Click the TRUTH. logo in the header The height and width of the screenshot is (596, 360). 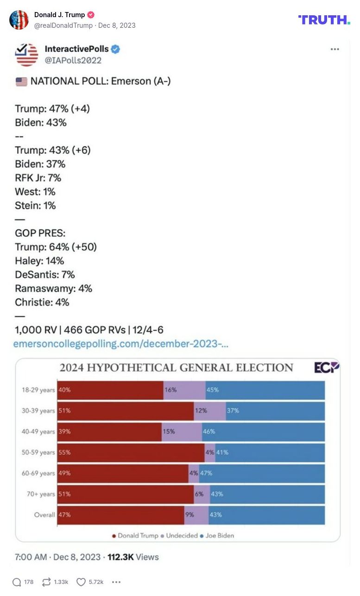(x=324, y=19)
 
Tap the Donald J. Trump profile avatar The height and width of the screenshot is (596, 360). (x=19, y=20)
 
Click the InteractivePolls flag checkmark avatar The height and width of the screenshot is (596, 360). (x=27, y=55)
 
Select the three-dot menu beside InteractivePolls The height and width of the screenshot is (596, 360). (x=335, y=50)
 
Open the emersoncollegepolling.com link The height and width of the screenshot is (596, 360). (x=121, y=344)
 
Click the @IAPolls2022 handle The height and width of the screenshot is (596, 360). (x=73, y=60)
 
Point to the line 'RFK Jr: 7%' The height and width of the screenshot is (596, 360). (x=38, y=178)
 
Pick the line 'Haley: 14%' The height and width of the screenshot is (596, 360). (x=39, y=261)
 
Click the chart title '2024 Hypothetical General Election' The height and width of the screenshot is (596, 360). (x=176, y=368)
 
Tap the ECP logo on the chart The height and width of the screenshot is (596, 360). (x=327, y=367)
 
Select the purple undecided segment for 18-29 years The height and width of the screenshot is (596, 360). (x=184, y=390)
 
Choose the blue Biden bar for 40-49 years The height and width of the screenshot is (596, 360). (x=263, y=432)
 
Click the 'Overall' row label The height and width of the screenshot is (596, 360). (x=44, y=515)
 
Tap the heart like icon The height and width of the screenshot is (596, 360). (x=81, y=582)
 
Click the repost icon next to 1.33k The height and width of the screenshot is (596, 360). (x=46, y=582)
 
